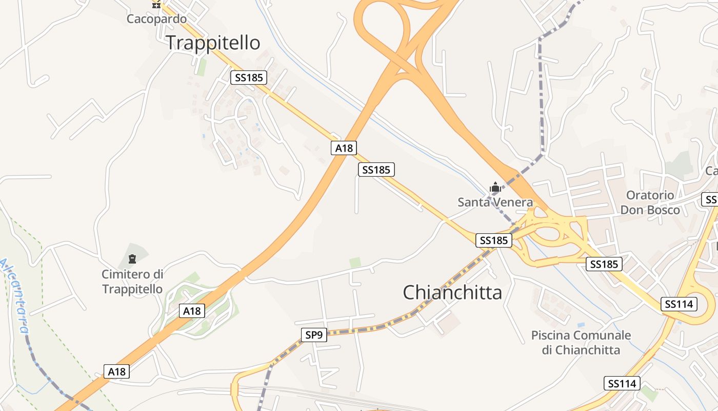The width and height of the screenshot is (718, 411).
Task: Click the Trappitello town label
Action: click(213, 43)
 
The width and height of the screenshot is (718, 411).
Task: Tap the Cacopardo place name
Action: click(157, 19)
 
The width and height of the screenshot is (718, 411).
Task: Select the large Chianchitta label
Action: click(452, 293)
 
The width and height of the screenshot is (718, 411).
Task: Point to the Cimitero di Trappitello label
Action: click(132, 282)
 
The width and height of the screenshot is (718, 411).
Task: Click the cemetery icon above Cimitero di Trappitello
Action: click(132, 258)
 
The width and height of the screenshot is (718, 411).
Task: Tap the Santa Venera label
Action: click(495, 202)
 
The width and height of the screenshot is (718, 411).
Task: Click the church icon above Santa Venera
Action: click(495, 188)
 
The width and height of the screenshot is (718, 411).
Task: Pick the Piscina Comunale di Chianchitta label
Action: click(581, 343)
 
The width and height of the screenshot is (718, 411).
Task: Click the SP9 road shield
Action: click(314, 335)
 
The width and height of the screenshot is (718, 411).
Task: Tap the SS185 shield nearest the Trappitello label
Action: click(249, 78)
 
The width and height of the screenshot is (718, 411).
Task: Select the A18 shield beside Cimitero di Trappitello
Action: click(192, 311)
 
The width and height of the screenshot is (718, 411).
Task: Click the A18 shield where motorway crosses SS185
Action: click(344, 148)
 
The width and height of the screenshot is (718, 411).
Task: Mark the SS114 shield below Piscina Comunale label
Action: click(622, 383)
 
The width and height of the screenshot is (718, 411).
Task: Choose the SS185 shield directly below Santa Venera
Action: click(494, 240)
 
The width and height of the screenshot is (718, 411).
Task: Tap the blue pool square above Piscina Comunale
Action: click(581, 325)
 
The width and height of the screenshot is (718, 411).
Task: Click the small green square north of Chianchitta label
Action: click(355, 263)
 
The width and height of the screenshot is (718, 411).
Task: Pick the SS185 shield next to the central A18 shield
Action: click(376, 170)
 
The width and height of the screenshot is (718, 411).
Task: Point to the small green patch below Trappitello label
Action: click(202, 67)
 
